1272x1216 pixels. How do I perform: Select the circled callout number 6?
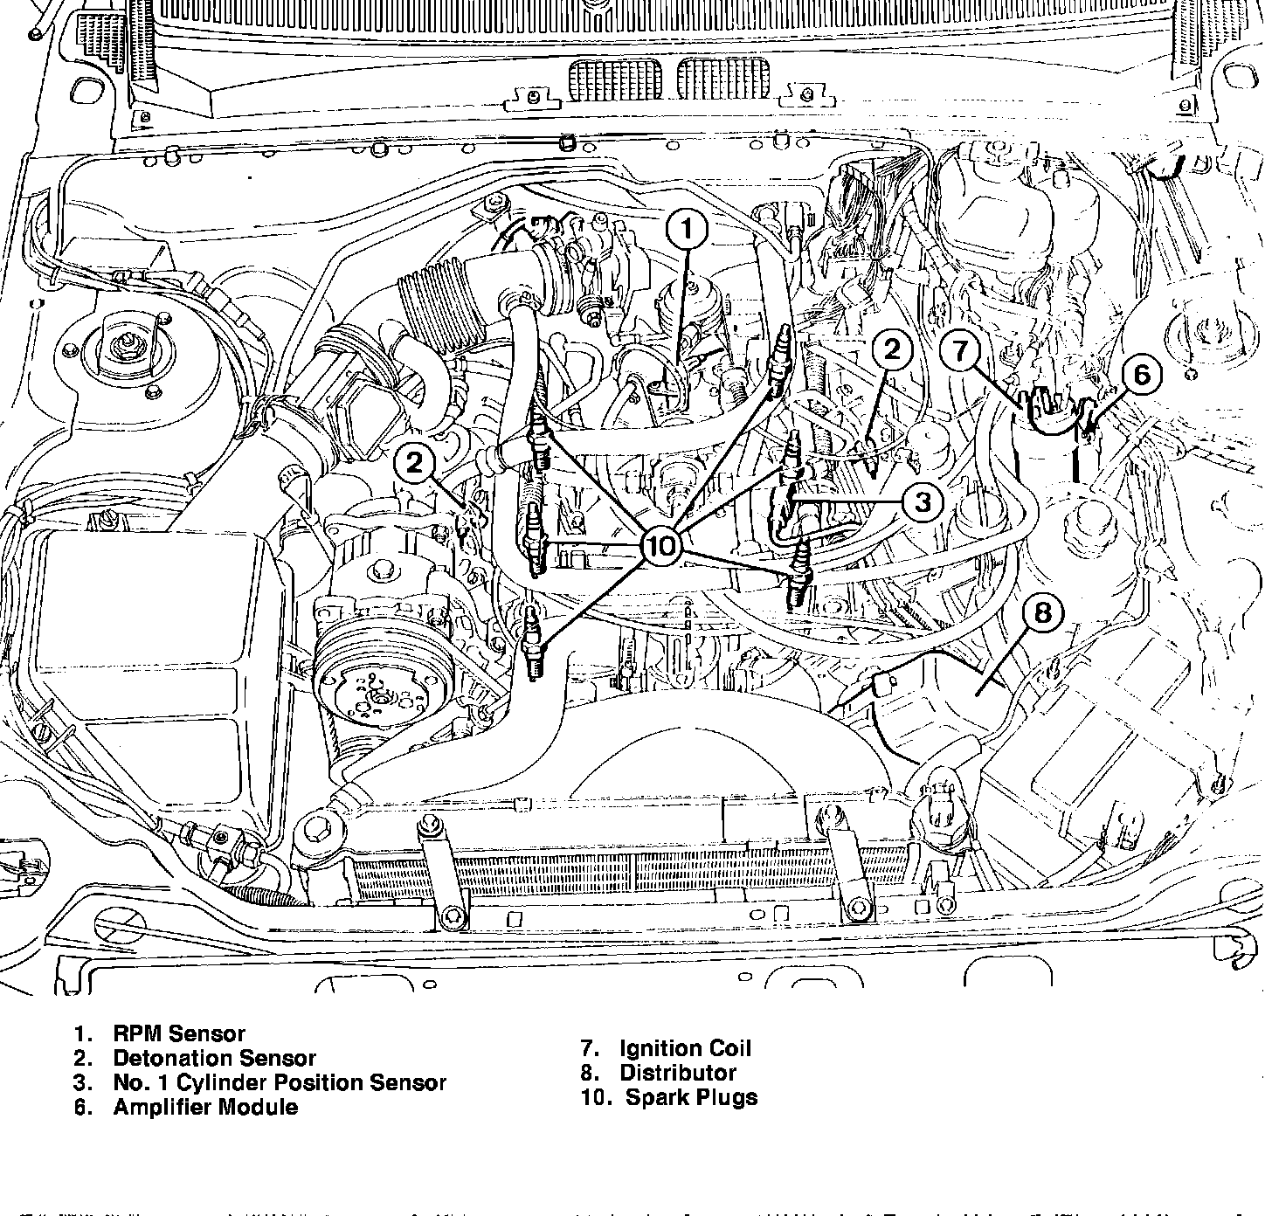click(x=1142, y=375)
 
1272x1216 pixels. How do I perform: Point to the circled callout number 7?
click(x=960, y=351)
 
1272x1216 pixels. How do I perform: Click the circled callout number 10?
click(x=661, y=546)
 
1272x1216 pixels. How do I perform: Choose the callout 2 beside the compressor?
click(x=414, y=462)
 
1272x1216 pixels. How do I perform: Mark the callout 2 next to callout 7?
click(x=891, y=350)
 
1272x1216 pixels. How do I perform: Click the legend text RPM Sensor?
click(x=179, y=1034)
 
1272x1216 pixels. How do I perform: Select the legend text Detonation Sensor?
click(x=214, y=1059)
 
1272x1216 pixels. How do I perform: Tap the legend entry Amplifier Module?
click(x=205, y=1108)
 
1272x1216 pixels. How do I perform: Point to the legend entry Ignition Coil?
click(x=685, y=1048)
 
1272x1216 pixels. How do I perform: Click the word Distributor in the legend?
click(x=678, y=1073)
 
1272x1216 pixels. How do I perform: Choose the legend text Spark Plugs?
click(x=691, y=1097)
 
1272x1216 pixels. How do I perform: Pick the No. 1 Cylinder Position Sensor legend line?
click(x=280, y=1083)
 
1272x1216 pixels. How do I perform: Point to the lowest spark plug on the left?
click(x=534, y=645)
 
